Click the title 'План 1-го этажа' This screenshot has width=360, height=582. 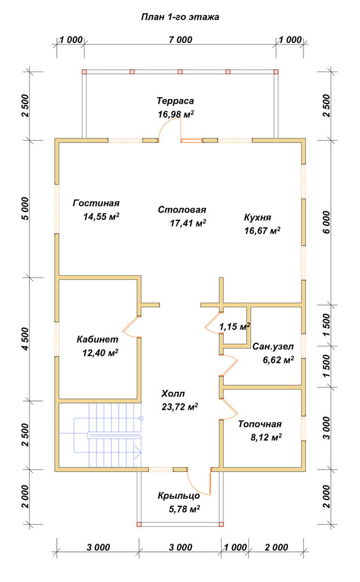coord(180,17)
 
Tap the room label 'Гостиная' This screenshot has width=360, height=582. coord(96,203)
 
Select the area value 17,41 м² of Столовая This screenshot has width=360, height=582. coord(188,223)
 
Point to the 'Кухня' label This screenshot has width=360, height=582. coord(257,218)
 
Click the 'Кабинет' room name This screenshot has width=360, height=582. coord(98,339)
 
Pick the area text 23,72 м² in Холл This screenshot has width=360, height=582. coord(180,407)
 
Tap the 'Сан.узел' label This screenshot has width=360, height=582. coord(273,347)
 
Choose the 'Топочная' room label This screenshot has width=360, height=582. coord(260,424)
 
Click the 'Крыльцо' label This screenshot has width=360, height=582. coord(179,496)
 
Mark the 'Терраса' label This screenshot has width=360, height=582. coord(176,101)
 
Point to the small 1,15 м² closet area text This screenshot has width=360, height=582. coord(234,327)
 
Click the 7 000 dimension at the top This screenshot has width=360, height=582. coord(180,40)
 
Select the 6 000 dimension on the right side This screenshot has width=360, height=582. coord(326,222)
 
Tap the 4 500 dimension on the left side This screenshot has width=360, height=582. coord(25,339)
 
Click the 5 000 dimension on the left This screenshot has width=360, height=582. coord(25,208)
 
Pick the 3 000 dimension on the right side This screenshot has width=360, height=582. coord(326,428)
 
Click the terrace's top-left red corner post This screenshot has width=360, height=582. coord(84,72)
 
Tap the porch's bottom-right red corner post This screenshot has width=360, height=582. coord(222,524)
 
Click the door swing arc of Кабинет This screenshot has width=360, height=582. coord(129,327)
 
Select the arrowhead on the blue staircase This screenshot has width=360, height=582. coord(138,452)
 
